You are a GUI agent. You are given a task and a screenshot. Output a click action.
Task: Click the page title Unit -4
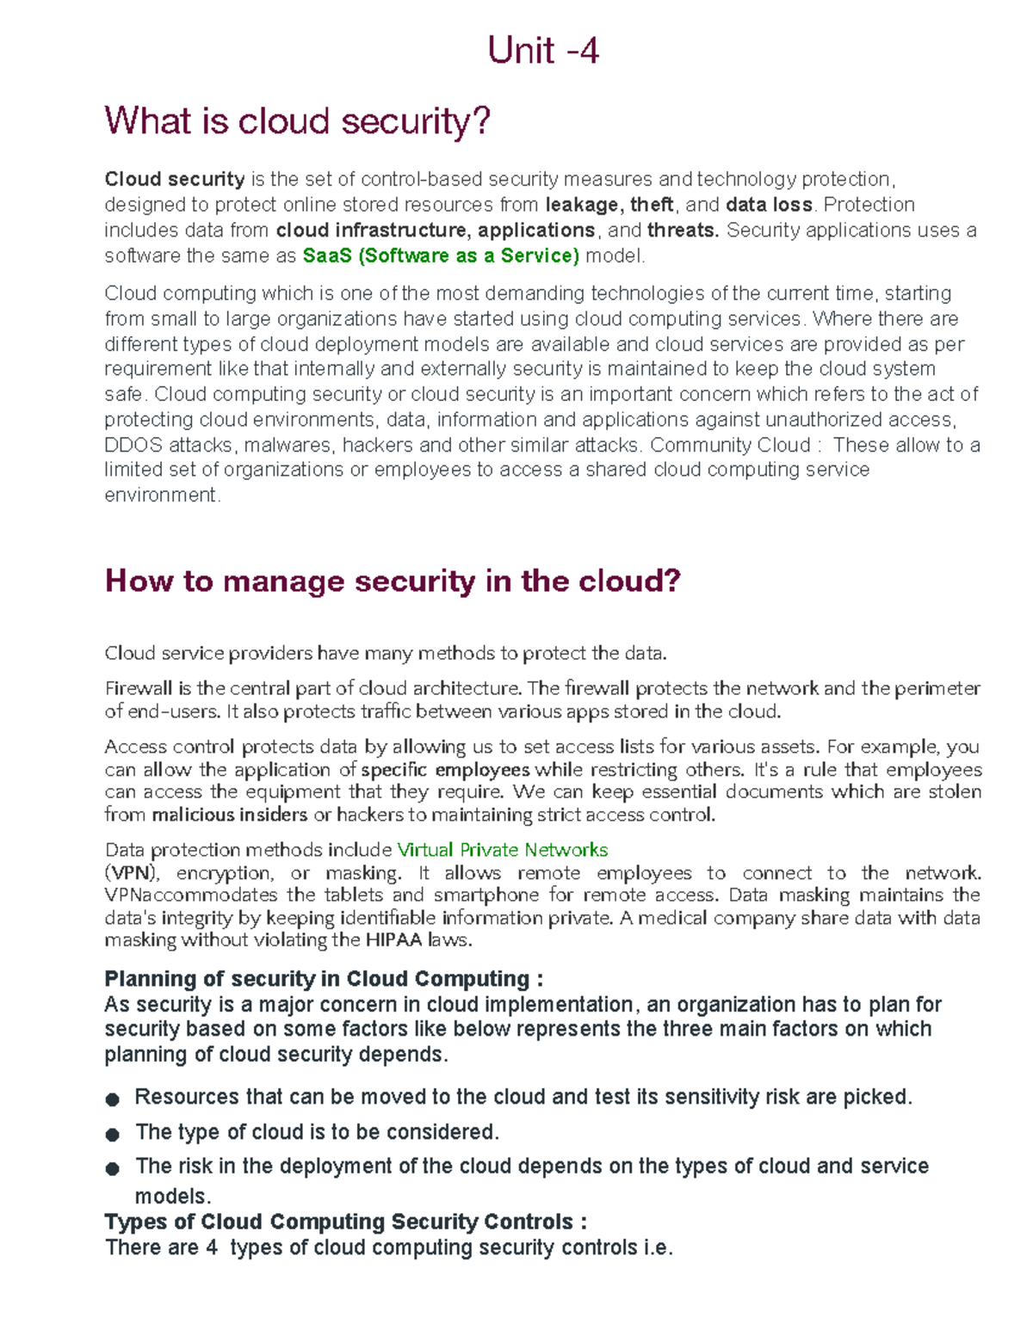[x=542, y=51]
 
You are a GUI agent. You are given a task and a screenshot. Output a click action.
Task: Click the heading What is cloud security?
[x=297, y=120]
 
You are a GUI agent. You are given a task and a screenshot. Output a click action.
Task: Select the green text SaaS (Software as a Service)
[x=441, y=256]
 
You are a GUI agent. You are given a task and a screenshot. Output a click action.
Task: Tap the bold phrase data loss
[x=769, y=205]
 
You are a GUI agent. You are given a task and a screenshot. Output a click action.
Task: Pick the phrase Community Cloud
[x=730, y=446]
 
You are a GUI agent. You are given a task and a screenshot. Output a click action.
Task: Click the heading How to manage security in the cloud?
[x=393, y=581]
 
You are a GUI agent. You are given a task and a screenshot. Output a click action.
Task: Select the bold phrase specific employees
[x=445, y=770]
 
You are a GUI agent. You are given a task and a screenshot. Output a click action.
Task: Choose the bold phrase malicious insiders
[x=229, y=815]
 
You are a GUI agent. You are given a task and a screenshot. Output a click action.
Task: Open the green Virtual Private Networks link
[x=502, y=850]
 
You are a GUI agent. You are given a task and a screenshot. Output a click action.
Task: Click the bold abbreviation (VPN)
[x=132, y=873]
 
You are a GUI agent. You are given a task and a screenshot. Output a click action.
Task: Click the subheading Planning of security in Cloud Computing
[x=317, y=979]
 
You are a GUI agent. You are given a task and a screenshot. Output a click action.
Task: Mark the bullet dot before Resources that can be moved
[x=112, y=1099]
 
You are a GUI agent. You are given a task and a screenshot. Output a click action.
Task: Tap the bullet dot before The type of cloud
[x=112, y=1134]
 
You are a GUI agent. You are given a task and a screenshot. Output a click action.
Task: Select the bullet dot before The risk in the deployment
[x=112, y=1168]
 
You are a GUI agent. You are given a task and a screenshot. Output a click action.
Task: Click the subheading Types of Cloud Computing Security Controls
[x=339, y=1222]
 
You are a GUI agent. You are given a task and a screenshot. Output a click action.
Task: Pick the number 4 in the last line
[x=212, y=1248]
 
